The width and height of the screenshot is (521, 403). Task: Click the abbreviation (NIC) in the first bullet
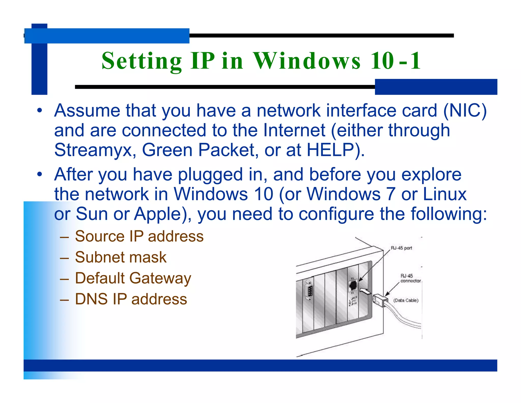tap(465, 111)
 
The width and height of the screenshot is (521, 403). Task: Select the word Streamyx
tap(93, 150)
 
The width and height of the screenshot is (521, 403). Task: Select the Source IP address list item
tap(139, 236)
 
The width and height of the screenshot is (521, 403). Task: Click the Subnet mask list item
tap(121, 257)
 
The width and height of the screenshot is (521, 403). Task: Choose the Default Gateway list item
tap(133, 278)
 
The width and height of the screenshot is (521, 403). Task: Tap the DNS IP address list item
tap(131, 299)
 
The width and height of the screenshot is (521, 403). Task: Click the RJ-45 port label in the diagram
tap(401, 248)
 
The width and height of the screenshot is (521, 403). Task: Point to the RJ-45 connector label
tap(410, 278)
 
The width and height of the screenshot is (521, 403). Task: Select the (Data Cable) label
tap(406, 300)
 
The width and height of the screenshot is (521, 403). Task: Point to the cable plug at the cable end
tap(380, 300)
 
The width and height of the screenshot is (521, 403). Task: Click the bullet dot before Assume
tap(39, 111)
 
